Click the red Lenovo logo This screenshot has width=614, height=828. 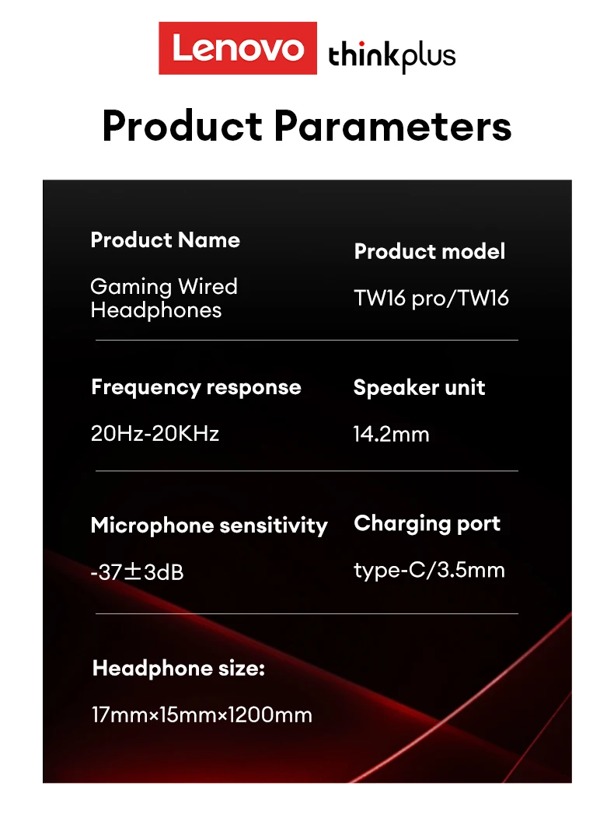[x=238, y=48]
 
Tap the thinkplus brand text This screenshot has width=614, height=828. [x=392, y=56]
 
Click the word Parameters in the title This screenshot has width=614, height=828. [x=392, y=126]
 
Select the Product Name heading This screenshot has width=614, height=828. [x=166, y=239]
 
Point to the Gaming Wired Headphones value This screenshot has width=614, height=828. [x=164, y=299]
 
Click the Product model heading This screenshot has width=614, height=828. [x=430, y=251]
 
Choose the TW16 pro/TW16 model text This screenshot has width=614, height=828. [x=431, y=299]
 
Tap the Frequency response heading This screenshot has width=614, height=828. [x=196, y=388]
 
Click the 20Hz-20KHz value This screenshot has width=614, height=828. [x=155, y=434]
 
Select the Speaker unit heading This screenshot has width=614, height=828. [x=419, y=388]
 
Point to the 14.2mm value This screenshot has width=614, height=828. [x=391, y=434]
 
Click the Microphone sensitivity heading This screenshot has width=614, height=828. [x=209, y=526]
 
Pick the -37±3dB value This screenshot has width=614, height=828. [x=138, y=572]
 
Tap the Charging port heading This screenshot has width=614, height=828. [x=427, y=524]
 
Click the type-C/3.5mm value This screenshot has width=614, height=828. [x=429, y=571]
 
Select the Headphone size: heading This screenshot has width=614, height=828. [x=179, y=669]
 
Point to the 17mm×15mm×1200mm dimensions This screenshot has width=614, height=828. [x=201, y=715]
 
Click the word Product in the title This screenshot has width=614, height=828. [x=182, y=126]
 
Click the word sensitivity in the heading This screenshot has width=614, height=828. [x=274, y=526]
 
